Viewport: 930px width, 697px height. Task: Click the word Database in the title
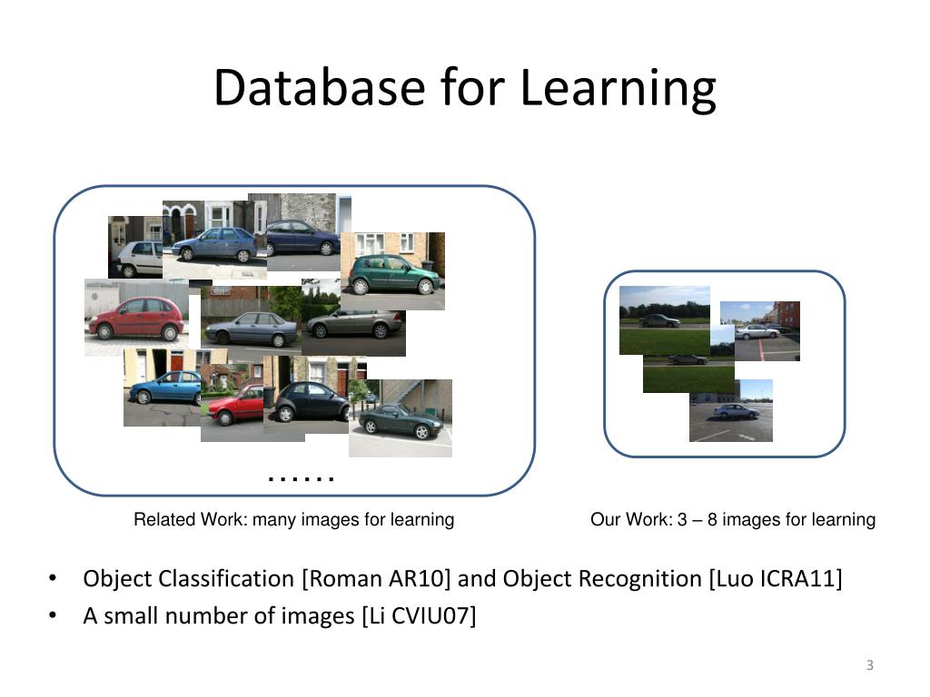(321, 88)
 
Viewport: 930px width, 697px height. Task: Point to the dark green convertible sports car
(401, 421)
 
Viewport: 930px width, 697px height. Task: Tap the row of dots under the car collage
(302, 477)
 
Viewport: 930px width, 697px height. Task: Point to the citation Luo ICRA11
(775, 579)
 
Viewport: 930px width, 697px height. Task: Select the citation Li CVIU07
(418, 616)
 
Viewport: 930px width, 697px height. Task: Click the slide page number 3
(869, 666)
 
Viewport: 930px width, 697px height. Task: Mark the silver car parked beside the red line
(757, 331)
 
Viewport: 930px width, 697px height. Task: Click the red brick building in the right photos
(787, 313)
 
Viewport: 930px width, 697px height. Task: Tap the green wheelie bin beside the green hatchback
(428, 269)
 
